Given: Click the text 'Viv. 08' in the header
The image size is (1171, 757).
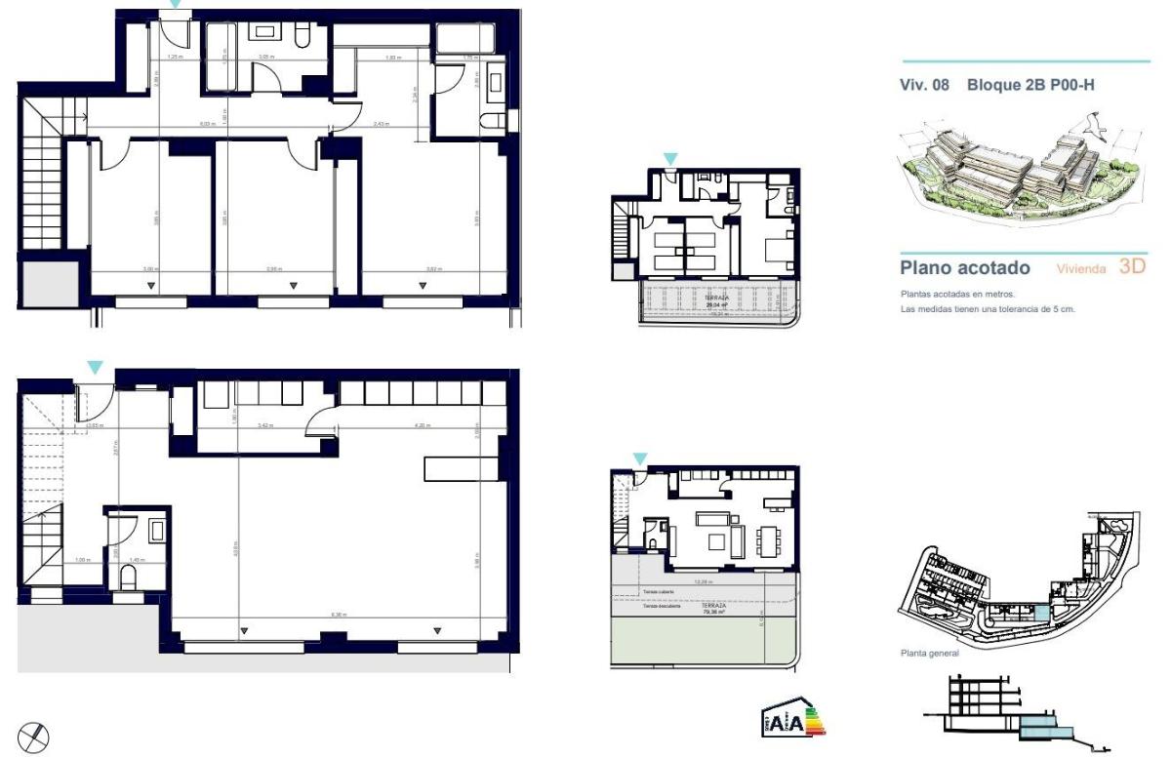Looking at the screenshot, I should (924, 85).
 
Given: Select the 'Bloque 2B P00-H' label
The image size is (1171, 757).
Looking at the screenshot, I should (1030, 85).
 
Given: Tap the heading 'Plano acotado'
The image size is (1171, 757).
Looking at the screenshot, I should (965, 267).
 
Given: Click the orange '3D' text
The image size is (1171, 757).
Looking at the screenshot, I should (1132, 266).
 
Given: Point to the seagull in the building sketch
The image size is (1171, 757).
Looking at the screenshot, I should (1091, 124).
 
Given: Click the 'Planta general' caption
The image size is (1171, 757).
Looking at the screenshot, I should (929, 654).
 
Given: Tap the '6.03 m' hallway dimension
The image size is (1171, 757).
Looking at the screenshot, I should (207, 124).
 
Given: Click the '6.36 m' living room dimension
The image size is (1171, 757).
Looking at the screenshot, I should (340, 615).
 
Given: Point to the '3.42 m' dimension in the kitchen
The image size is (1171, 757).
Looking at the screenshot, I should (265, 426).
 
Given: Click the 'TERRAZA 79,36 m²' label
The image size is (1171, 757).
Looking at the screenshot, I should (704, 610).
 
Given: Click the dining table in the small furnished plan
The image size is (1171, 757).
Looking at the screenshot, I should (770, 538).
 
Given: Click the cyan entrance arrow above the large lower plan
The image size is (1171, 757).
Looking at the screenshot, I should (95, 368).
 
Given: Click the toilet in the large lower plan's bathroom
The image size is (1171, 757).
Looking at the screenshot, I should (128, 578).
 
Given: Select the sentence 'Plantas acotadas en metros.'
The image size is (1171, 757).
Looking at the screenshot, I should (957, 294).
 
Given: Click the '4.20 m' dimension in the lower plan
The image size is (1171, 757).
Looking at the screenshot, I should (422, 426).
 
